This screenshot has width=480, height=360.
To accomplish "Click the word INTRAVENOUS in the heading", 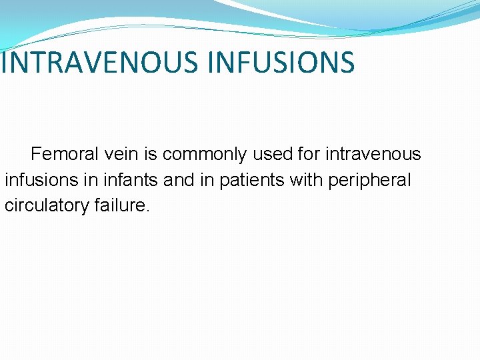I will coord(100,62).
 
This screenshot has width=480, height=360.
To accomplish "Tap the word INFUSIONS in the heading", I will coord(281,62).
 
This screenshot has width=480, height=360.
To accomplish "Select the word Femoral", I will coord(64,155).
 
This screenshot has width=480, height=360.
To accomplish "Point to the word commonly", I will coord(204,155).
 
